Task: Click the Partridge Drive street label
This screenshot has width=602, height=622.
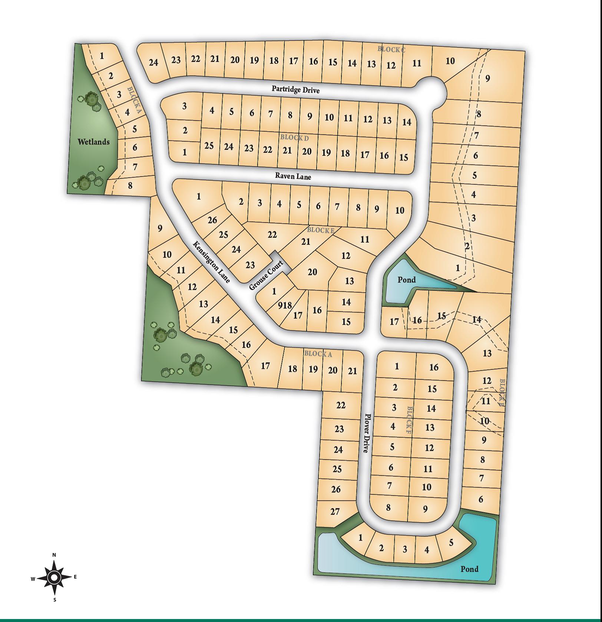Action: (x=295, y=89)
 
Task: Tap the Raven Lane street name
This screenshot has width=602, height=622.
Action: (x=293, y=176)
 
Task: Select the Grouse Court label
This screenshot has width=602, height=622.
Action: (x=266, y=275)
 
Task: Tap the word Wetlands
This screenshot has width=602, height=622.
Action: (x=93, y=142)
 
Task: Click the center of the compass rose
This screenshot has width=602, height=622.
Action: (x=54, y=577)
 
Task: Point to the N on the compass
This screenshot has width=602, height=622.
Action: (x=54, y=555)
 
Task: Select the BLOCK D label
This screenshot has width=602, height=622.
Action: (x=294, y=138)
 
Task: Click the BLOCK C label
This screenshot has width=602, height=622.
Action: (x=391, y=49)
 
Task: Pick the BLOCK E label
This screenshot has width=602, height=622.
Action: (x=321, y=230)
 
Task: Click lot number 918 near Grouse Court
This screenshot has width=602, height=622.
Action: (x=285, y=305)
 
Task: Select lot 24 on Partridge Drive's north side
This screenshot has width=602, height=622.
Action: (x=153, y=62)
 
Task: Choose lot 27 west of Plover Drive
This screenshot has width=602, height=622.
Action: (x=335, y=511)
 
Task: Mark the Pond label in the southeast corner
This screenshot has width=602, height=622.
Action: (x=469, y=569)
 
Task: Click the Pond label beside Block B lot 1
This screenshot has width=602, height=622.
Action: (x=407, y=279)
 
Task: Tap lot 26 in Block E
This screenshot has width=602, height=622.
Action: (x=212, y=220)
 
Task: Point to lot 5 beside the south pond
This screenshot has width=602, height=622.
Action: (x=451, y=543)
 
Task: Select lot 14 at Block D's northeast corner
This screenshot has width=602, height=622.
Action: (x=407, y=122)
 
